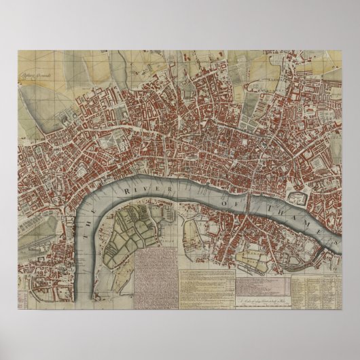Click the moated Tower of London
[297, 198]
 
